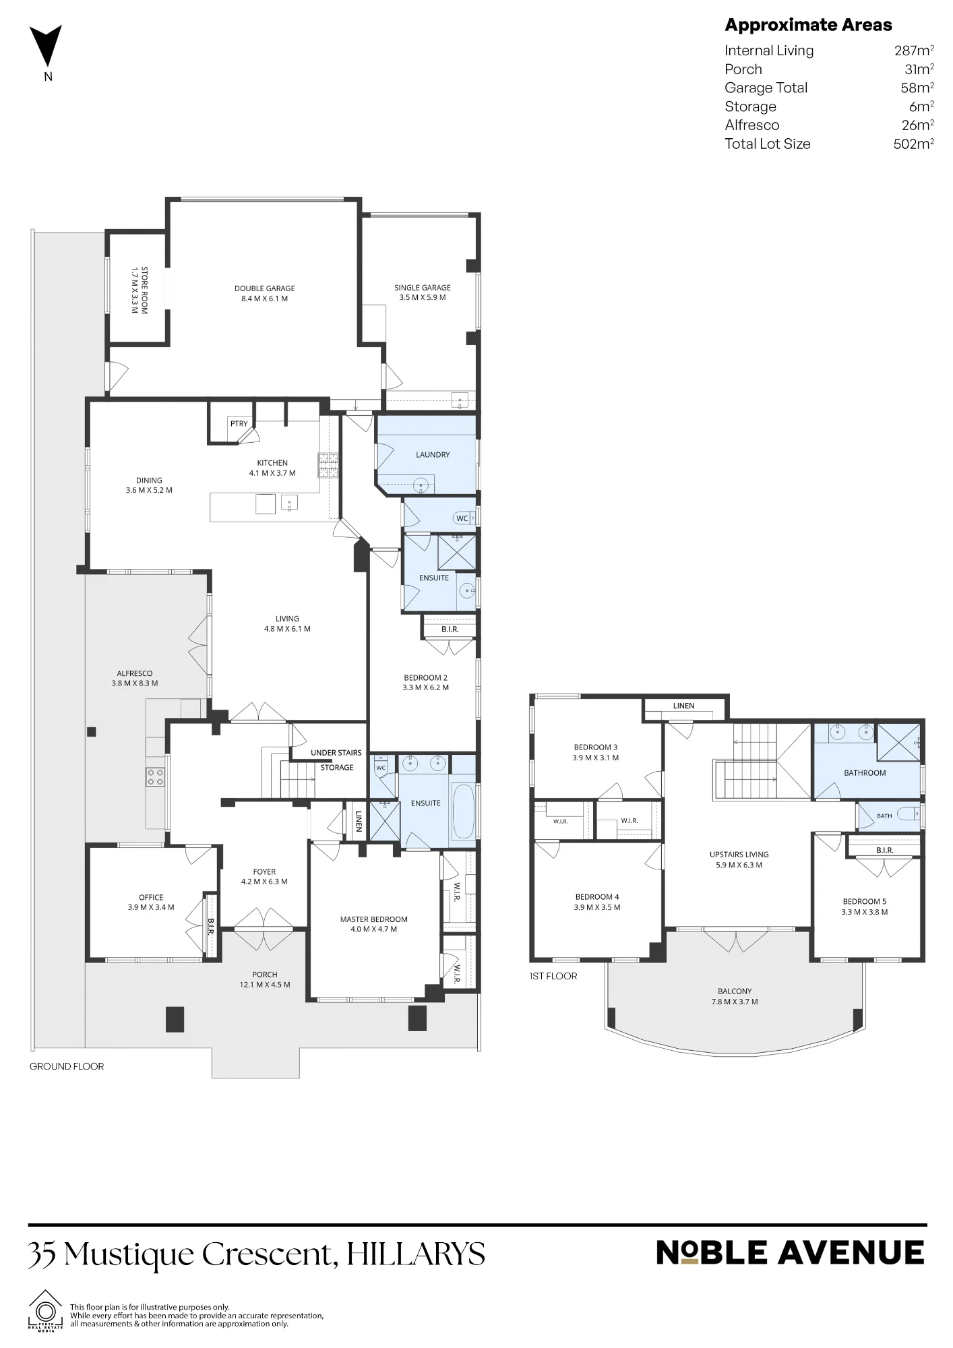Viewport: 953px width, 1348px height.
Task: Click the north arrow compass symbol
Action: (x=46, y=46)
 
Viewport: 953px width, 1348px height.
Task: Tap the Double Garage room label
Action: (x=265, y=288)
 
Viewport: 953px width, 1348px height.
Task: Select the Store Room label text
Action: (x=144, y=290)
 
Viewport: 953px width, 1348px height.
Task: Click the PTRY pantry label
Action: (x=239, y=424)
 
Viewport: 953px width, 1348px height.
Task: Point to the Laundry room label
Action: (x=433, y=455)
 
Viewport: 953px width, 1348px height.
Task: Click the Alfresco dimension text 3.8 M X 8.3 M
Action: (x=135, y=683)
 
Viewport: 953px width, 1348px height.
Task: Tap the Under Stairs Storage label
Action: (x=336, y=760)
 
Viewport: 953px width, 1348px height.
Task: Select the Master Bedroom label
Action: (x=374, y=919)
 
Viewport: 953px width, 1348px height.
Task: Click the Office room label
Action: (x=151, y=898)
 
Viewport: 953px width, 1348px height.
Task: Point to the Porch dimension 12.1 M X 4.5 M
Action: (x=265, y=985)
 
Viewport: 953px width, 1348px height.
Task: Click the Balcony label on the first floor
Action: (x=735, y=991)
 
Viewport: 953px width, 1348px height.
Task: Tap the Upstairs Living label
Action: (x=739, y=855)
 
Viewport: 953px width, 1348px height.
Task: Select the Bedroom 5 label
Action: (x=865, y=902)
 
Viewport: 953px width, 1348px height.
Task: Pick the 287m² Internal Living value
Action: (x=914, y=51)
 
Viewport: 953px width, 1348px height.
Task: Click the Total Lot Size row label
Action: (x=768, y=144)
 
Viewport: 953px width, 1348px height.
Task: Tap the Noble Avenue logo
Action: (x=790, y=1254)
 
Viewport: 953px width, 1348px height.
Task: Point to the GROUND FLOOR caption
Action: (x=67, y=1066)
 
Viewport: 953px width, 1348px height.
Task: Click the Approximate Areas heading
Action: (x=808, y=25)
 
